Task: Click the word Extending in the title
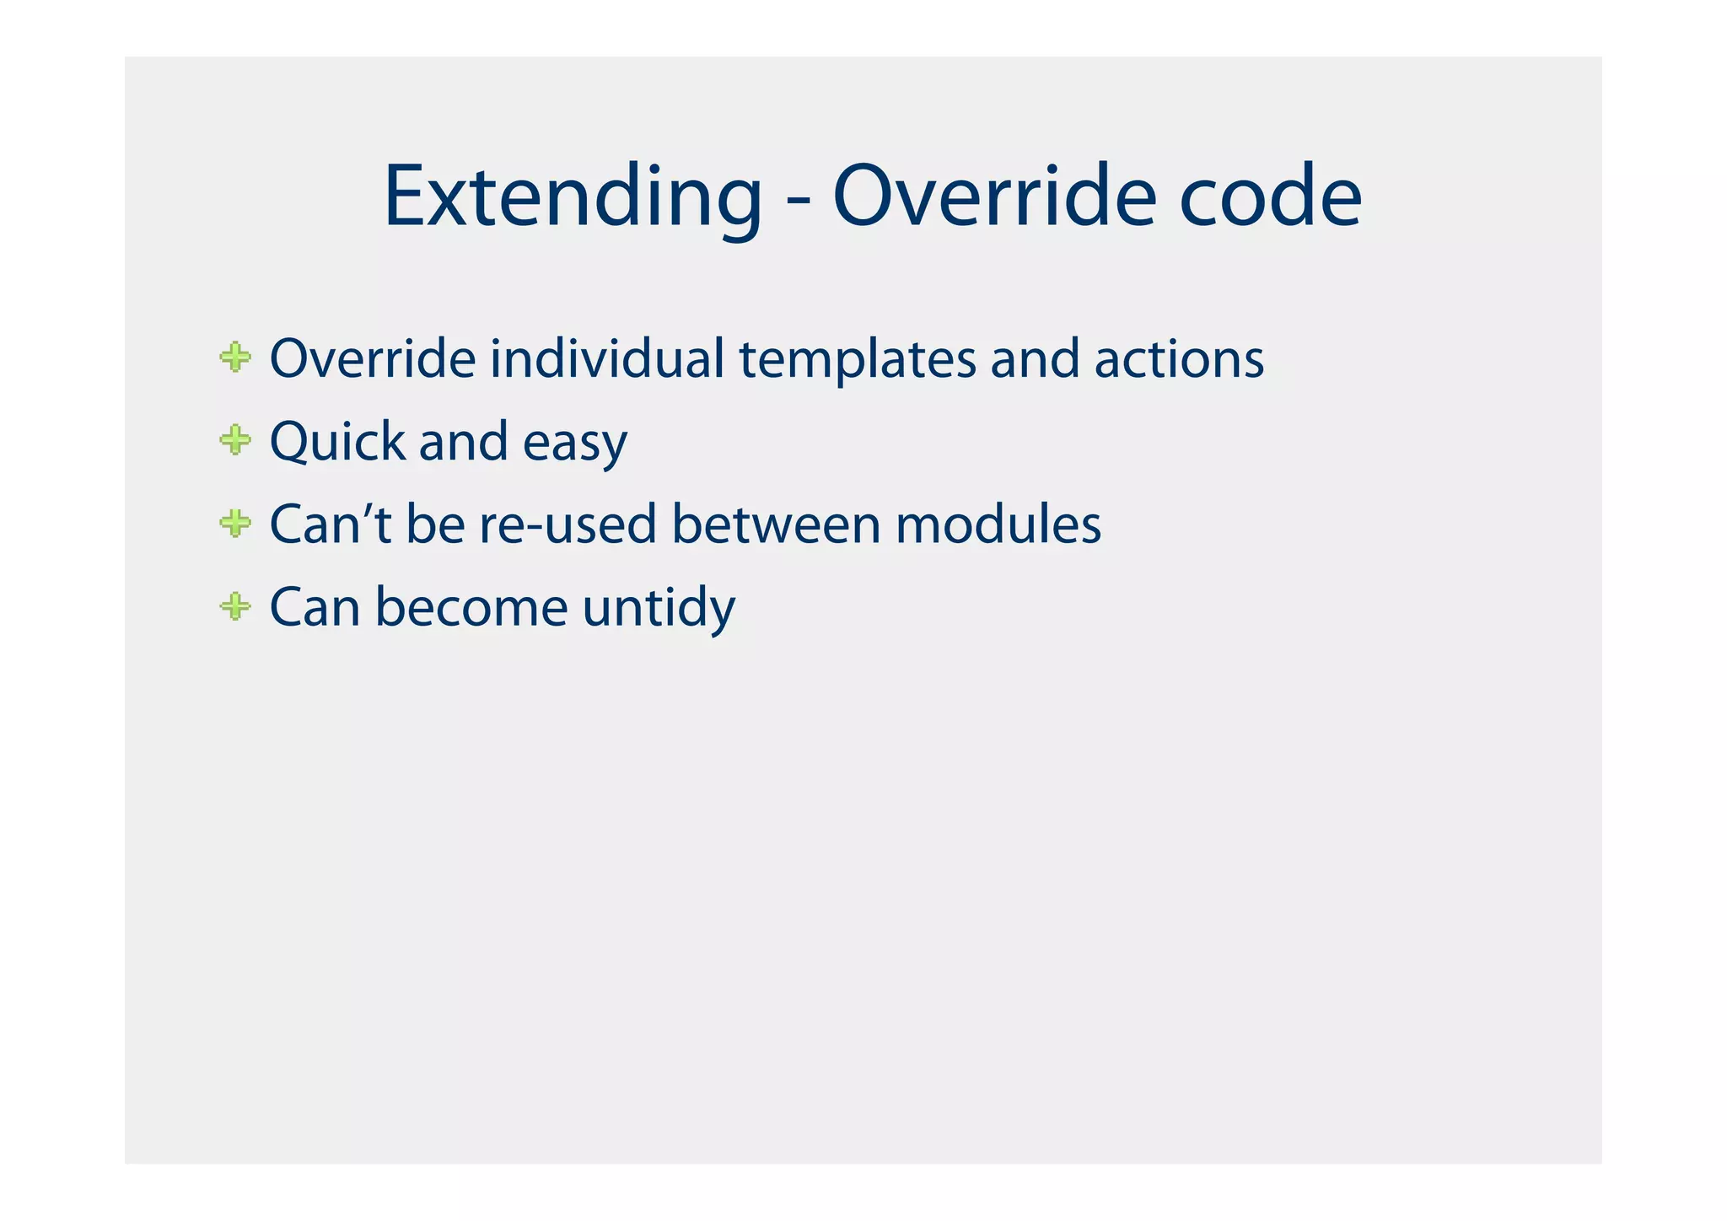coord(572,197)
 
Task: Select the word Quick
coord(337,441)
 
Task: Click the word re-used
coord(568,524)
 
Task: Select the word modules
coord(998,524)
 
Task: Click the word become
coord(471,606)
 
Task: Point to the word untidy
coord(659,608)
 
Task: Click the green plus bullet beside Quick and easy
coord(235,439)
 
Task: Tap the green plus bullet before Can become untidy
coord(235,605)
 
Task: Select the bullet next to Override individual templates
coord(235,357)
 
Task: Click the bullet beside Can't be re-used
coord(235,523)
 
